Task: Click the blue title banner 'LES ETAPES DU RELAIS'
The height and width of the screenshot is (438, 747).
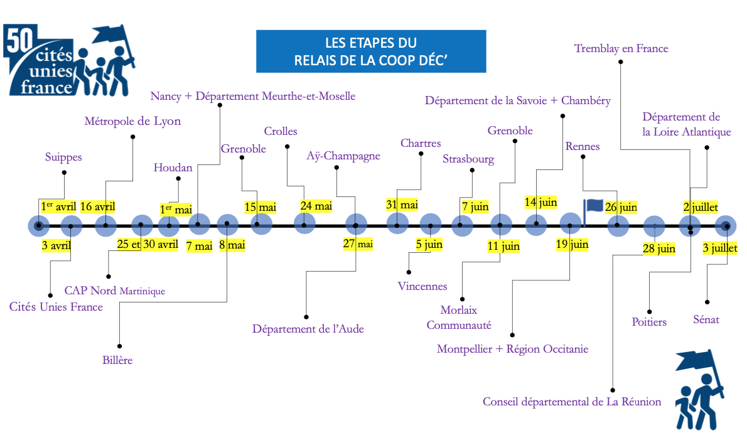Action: pyautogui.click(x=371, y=51)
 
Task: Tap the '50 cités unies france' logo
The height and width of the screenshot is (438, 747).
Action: pyautogui.click(x=70, y=60)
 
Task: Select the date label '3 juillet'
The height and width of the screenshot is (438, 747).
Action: pyautogui.click(x=720, y=248)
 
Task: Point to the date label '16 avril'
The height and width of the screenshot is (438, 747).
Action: pyautogui.click(x=98, y=206)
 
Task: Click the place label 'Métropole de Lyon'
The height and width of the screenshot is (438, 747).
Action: pyautogui.click(x=132, y=121)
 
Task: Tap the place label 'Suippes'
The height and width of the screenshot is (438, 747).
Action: pyautogui.click(x=63, y=157)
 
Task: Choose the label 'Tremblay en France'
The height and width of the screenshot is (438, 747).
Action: pyautogui.click(x=621, y=48)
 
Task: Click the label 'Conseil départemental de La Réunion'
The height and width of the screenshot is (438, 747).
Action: pyautogui.click(x=572, y=402)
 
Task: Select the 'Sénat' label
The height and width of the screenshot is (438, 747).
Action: pyautogui.click(x=706, y=319)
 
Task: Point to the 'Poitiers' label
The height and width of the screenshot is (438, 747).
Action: pyautogui.click(x=649, y=322)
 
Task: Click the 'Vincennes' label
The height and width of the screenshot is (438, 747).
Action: pyautogui.click(x=422, y=286)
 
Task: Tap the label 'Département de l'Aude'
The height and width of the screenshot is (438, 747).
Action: pyautogui.click(x=308, y=329)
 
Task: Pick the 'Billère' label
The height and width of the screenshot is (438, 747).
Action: pyautogui.click(x=117, y=360)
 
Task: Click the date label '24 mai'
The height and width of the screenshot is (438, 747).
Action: pyautogui.click(x=316, y=206)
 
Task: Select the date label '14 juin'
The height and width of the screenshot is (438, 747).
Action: pyautogui.click(x=540, y=202)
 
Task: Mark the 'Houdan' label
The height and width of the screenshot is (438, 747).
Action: pyautogui.click(x=173, y=168)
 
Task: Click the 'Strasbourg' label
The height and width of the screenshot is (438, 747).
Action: pyautogui.click(x=468, y=159)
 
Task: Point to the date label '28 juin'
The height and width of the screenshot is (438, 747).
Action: pyautogui.click(x=659, y=248)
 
